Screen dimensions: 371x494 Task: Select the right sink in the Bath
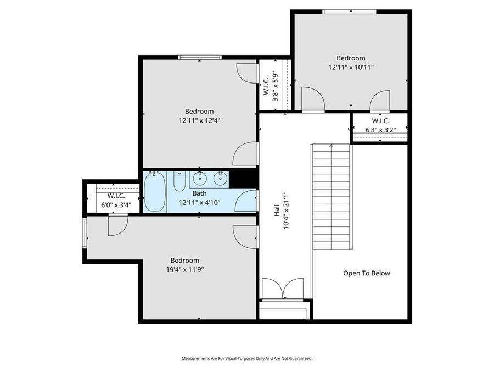point(220,179)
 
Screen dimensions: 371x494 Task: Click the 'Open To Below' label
point(367,273)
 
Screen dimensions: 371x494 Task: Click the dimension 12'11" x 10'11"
point(351,68)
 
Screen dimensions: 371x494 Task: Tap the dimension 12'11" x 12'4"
point(199,120)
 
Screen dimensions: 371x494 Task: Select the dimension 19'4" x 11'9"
point(184,269)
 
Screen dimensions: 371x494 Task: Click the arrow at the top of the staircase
point(331,146)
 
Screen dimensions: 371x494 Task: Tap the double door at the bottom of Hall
point(282,290)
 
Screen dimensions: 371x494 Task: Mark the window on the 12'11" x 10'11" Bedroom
point(349,12)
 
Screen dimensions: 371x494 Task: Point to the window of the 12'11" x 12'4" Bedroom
point(199,57)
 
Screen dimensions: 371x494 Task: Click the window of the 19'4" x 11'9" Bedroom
point(85,232)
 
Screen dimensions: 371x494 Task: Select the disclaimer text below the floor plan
point(247,358)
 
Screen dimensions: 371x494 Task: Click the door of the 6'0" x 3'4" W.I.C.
point(117,225)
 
